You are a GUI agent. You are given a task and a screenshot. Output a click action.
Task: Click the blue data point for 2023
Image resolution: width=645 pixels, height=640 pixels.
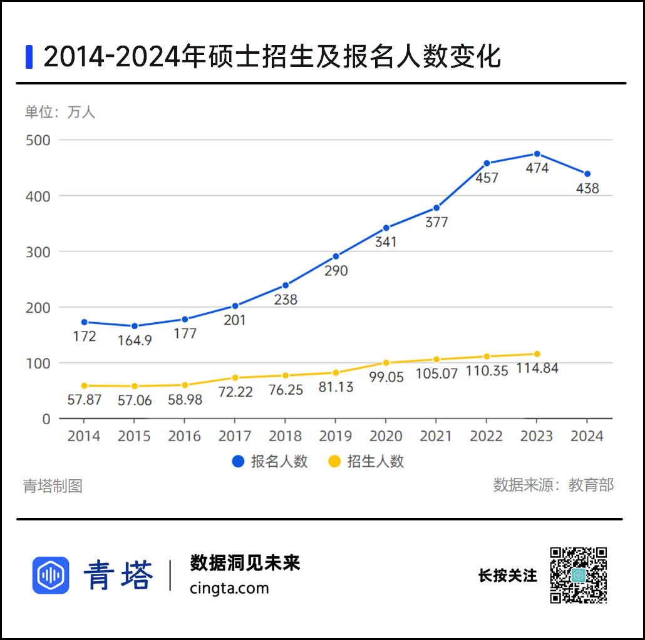tap(537, 154)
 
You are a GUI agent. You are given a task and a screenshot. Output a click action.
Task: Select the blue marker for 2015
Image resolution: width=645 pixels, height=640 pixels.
tap(135, 326)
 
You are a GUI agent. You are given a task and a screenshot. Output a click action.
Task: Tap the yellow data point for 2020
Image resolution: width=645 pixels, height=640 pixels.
tap(386, 363)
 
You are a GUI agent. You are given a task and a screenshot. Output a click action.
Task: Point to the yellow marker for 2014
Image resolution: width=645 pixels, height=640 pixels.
tap(85, 386)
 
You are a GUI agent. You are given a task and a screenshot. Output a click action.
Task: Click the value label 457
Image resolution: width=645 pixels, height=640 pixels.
tap(487, 178)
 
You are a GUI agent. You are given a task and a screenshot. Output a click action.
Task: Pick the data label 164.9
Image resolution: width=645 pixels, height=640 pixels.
tap(135, 341)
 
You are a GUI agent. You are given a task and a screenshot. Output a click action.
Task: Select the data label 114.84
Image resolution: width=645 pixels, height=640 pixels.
tap(537, 368)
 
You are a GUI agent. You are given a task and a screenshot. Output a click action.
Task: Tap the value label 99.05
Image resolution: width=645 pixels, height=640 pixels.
tap(386, 377)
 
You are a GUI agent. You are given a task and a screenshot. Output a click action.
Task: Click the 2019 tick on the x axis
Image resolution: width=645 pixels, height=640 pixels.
tap(336, 436)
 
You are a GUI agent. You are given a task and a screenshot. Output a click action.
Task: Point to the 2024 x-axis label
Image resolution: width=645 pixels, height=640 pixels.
tap(587, 436)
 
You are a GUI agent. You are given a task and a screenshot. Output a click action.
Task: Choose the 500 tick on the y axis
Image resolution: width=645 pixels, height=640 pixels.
tap(38, 140)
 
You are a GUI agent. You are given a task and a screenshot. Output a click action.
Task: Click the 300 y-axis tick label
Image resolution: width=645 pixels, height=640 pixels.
tap(38, 251)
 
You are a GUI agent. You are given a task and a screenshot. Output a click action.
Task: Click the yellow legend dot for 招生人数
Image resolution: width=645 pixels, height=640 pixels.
tap(335, 462)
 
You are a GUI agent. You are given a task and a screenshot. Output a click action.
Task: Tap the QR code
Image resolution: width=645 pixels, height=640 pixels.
tap(579, 575)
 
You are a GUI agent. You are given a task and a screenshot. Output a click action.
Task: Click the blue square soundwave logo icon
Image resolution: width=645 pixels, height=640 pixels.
tap(51, 575)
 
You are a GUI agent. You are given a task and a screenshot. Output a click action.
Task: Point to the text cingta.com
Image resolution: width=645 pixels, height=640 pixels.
tap(229, 588)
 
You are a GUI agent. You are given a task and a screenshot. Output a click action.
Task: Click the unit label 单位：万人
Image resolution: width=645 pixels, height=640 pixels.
tap(60, 113)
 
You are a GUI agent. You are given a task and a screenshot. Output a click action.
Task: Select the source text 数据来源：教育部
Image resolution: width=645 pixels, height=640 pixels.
tap(554, 485)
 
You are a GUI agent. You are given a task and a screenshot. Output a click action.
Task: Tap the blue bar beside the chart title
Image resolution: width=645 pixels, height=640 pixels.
tap(29, 57)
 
